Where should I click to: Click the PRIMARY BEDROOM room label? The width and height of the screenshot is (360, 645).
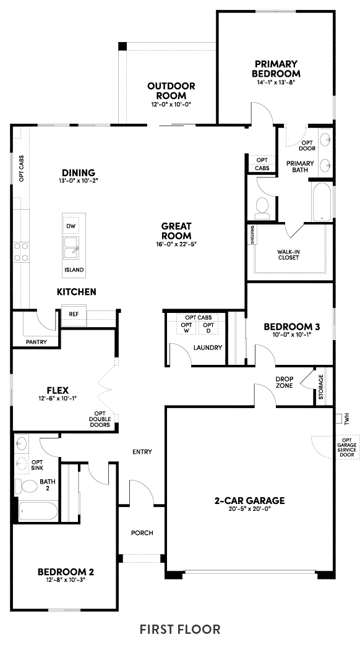click(x=276, y=69)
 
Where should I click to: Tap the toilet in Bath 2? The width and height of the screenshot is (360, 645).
click(x=26, y=487)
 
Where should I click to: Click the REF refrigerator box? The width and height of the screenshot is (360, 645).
click(x=74, y=314)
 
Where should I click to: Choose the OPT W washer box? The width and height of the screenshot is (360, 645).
click(x=186, y=328)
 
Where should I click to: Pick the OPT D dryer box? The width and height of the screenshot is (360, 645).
click(x=208, y=328)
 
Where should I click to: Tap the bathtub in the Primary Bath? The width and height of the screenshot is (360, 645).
click(x=321, y=202)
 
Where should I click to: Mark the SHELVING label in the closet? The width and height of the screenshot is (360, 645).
click(x=251, y=235)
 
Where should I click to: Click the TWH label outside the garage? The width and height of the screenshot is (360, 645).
click(x=347, y=419)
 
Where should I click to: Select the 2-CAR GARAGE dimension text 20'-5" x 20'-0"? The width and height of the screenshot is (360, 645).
click(x=249, y=509)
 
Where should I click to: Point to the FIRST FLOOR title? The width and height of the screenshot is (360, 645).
click(x=180, y=629)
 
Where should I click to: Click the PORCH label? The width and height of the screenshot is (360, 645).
click(x=142, y=532)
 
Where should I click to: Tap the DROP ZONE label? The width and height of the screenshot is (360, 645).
click(x=285, y=382)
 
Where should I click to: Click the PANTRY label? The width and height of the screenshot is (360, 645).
click(x=36, y=342)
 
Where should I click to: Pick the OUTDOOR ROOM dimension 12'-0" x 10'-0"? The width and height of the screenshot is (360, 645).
click(x=171, y=105)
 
